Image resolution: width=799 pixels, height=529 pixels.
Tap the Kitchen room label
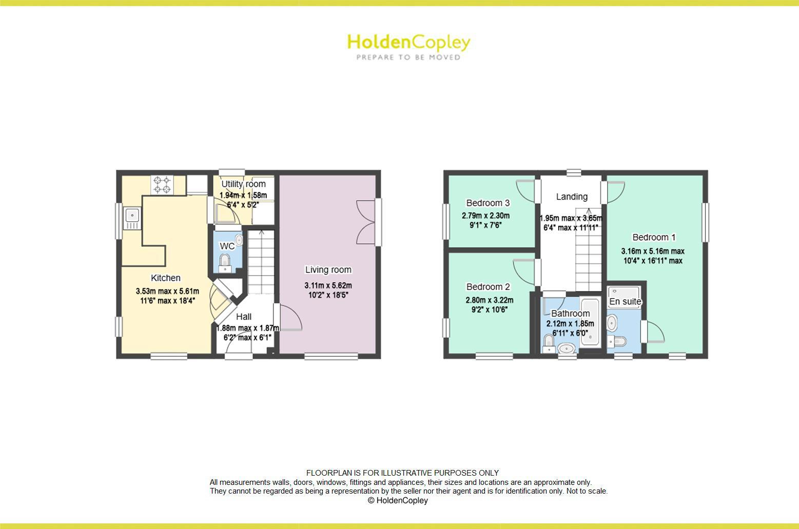pos(165,278)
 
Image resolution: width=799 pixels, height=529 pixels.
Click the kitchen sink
pos(132,218)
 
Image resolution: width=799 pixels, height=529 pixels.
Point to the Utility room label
pos(243,184)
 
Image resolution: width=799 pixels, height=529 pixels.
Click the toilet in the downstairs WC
pos(225,264)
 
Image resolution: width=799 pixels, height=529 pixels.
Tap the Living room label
pos(328,270)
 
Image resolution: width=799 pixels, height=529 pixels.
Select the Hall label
pos(244,317)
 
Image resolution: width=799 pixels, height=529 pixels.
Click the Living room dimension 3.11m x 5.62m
pos(328,286)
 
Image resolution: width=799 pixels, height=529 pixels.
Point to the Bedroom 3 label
pos(488,203)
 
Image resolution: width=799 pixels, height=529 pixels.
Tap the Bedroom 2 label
pos(488,287)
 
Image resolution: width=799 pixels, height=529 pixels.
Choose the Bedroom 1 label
pos(654,238)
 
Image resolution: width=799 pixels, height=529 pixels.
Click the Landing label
pos(572,197)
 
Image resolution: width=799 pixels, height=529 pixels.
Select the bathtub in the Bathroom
pos(590,323)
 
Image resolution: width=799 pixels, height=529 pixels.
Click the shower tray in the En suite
pos(623,292)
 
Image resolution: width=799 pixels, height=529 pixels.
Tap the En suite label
pos(625,302)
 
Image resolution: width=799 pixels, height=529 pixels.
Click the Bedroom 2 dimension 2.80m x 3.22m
pos(489,301)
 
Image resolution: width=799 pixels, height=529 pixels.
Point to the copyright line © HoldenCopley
pos(398,501)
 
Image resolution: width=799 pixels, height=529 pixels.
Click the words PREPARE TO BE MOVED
pos(408,57)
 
